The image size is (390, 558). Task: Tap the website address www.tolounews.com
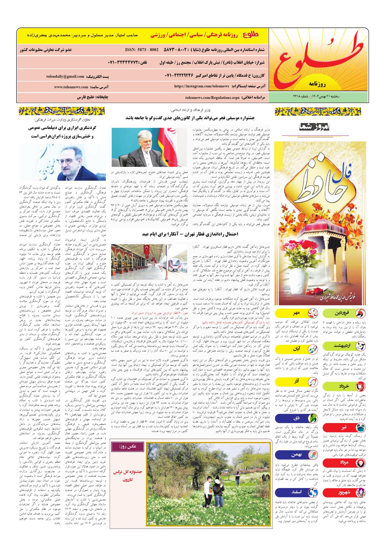pyautogui.click(x=71, y=87)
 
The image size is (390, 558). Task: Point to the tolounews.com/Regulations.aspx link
pyautogui.click(x=213, y=97)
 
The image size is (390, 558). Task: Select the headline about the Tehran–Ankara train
pyautogui.click(x=190, y=234)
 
